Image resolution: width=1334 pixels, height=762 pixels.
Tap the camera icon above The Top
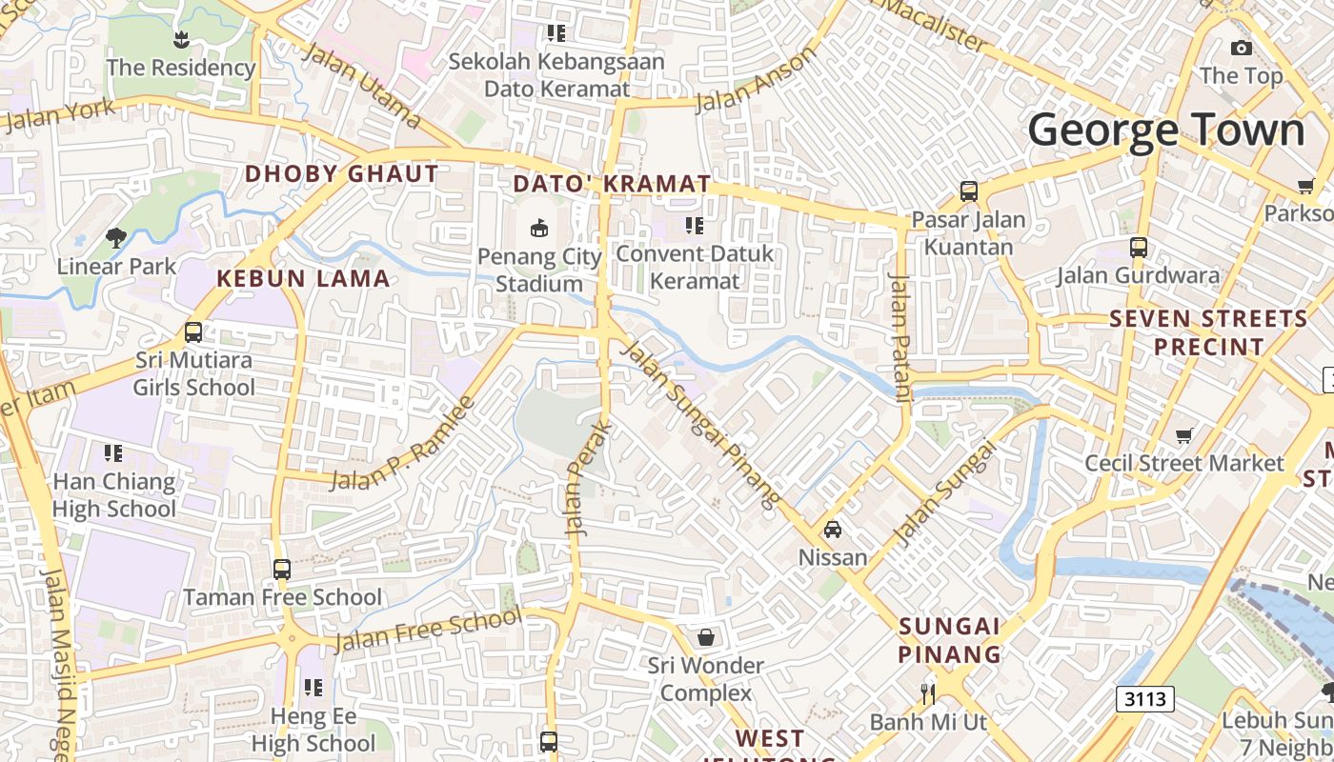click(x=1241, y=48)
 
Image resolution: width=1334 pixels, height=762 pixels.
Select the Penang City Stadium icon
click(x=539, y=228)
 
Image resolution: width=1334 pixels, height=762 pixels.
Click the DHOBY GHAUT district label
click(x=342, y=174)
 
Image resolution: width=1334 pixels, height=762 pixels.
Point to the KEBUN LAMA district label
click(x=303, y=279)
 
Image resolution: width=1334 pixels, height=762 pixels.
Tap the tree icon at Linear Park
click(x=116, y=237)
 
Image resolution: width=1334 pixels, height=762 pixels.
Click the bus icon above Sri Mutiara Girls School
click(x=193, y=332)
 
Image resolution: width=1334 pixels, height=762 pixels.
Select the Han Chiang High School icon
click(x=113, y=453)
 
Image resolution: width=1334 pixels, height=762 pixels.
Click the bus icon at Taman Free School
click(x=282, y=570)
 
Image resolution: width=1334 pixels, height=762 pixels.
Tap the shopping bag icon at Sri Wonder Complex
click(x=706, y=636)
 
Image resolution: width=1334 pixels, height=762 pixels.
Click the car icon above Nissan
click(x=832, y=529)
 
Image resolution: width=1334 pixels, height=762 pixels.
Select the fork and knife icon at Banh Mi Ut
click(x=928, y=692)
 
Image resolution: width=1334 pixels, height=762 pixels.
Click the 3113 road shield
click(x=1144, y=699)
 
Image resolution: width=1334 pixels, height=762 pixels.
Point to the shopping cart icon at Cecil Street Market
click(x=1183, y=435)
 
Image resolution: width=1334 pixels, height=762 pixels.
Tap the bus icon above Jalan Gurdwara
click(x=1138, y=248)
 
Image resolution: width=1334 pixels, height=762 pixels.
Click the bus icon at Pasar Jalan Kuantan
click(x=969, y=191)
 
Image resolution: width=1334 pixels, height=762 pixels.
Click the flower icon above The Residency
click(x=181, y=39)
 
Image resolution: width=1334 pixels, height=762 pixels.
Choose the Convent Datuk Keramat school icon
click(x=695, y=226)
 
